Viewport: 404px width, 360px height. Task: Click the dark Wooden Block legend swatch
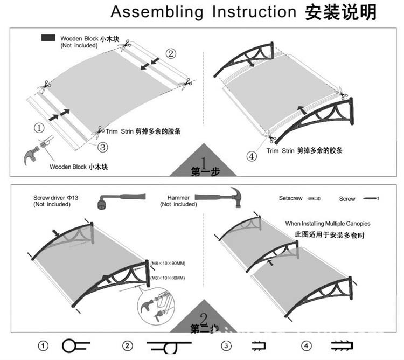pos(48,38)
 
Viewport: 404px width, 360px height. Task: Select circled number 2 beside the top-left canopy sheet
pos(170,53)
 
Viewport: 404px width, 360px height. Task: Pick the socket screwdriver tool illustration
pos(121,200)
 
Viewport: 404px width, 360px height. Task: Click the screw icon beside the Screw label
pos(370,199)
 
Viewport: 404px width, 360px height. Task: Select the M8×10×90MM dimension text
pos(168,262)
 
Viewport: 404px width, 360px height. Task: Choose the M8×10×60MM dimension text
pos(168,278)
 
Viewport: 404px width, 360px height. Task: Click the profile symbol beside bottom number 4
pos(341,346)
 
